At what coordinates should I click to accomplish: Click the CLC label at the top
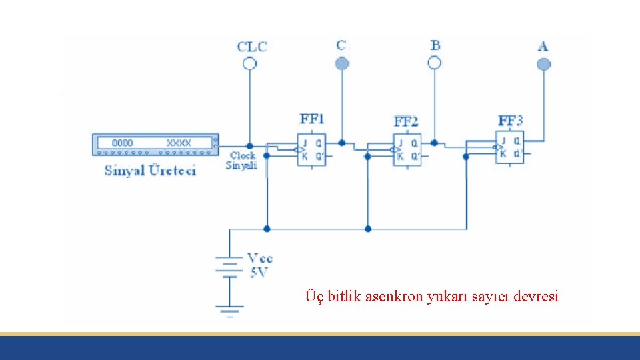tap(252, 47)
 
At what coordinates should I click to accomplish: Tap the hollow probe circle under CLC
tap(249, 63)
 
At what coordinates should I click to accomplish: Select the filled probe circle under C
tap(342, 63)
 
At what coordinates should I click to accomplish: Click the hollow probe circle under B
tap(434, 63)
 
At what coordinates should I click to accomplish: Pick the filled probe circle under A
tap(544, 64)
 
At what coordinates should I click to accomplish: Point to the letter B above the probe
tap(435, 45)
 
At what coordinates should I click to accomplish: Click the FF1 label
tap(312, 119)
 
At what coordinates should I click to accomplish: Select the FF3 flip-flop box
tap(509, 147)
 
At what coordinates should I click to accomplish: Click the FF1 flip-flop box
tap(311, 149)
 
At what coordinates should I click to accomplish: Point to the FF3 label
tap(511, 121)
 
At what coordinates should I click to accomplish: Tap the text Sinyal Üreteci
tap(150, 171)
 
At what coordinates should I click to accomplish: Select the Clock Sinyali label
tap(241, 161)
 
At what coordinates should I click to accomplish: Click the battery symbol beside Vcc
tap(230, 266)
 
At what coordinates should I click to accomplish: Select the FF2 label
tap(406, 121)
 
